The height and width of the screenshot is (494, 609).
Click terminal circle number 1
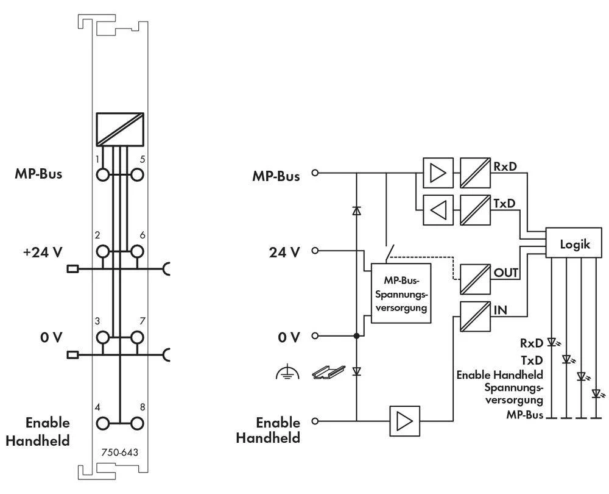click(102, 174)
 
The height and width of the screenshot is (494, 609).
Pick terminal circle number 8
click(138, 423)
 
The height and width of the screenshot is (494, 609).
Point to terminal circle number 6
click(138, 251)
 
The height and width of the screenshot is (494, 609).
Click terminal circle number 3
click(102, 337)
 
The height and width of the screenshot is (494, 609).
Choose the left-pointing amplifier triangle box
click(438, 210)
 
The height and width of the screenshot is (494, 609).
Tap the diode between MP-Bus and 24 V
click(356, 211)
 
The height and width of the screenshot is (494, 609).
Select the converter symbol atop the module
click(120, 129)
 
